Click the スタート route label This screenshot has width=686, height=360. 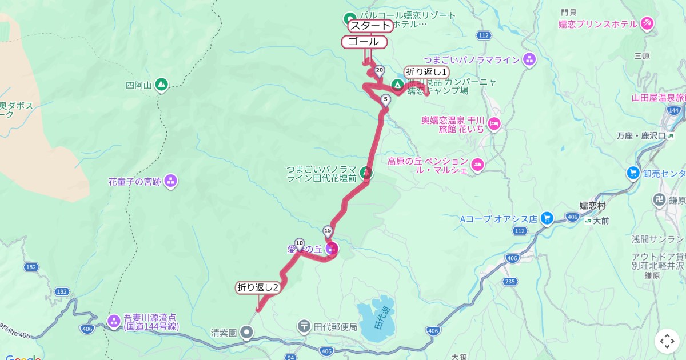point(370,26)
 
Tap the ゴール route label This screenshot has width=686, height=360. point(364,42)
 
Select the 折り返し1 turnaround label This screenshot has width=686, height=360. point(426,72)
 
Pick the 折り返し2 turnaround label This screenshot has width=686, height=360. point(258,287)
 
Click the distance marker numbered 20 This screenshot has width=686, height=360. point(380,71)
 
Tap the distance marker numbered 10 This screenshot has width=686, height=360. point(299,243)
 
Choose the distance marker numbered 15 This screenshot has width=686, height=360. point(328,231)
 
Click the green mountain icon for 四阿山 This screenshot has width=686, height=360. point(161,85)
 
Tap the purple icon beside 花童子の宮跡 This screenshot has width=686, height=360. point(170,182)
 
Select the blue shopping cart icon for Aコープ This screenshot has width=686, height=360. point(547,218)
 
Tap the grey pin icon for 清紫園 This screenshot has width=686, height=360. point(246,331)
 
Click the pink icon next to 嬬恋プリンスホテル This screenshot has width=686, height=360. point(647,23)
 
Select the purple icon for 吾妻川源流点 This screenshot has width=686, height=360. point(114,321)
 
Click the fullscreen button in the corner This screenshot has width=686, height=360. point(667,341)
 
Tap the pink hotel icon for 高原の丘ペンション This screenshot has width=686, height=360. point(478,166)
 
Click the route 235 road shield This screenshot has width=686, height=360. point(510,281)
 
